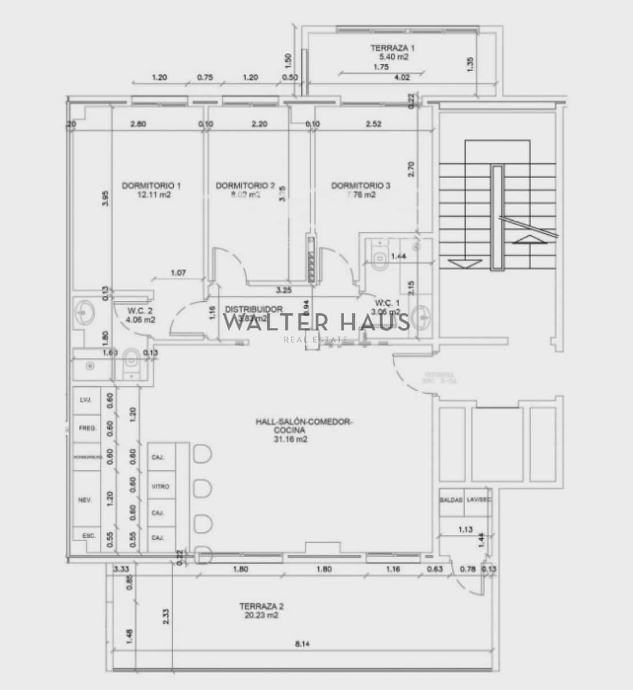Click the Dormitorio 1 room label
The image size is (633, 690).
[151, 186]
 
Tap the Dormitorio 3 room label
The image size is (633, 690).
[361, 186]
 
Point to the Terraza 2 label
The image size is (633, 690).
[262, 606]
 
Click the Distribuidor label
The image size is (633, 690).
[253, 309]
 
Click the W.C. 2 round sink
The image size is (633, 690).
[85, 314]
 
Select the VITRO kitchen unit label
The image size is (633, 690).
[161, 486]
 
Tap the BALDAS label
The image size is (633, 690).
[451, 500]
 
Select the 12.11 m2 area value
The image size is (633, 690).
[154, 195]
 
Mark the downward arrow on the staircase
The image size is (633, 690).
[464, 263]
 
